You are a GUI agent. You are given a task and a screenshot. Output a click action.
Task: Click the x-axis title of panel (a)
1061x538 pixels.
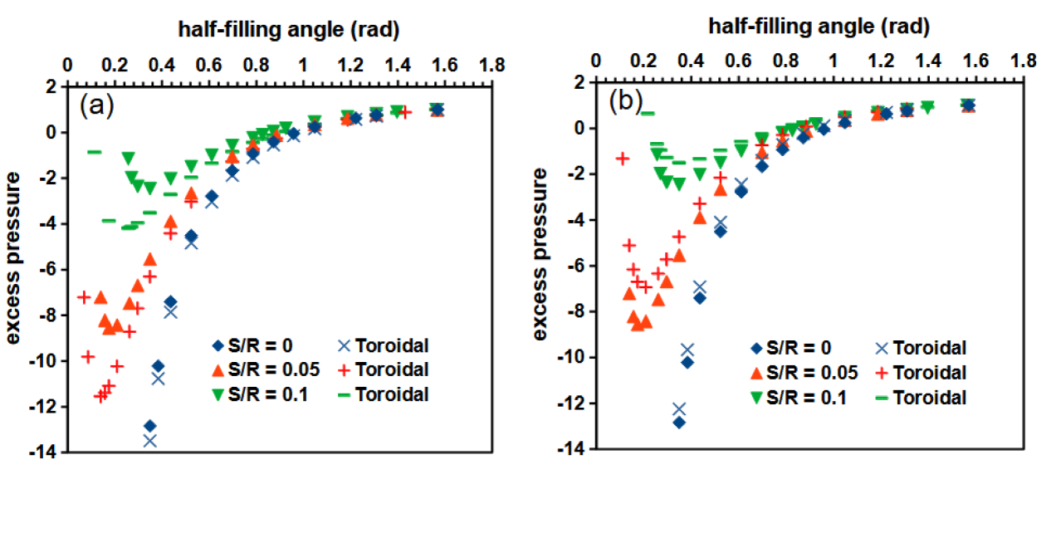coord(290,31)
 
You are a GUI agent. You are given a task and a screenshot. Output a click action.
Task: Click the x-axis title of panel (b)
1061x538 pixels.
coord(819,27)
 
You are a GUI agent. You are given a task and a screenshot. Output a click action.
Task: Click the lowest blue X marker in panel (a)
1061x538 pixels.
coord(150,441)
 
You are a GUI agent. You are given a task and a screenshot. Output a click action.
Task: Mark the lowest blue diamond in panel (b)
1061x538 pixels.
coord(680,423)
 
